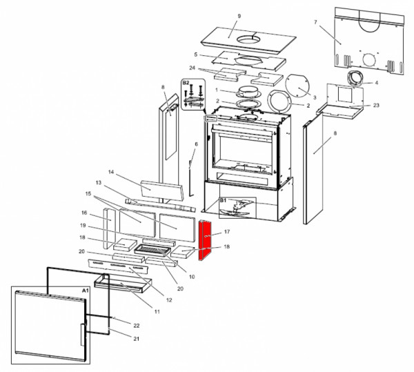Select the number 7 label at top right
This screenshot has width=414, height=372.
tap(315, 23)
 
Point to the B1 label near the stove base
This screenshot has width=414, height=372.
tap(224, 201)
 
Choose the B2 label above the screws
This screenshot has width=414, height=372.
tap(185, 83)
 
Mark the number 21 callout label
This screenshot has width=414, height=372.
tap(136, 338)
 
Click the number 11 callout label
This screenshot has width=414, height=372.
tap(157, 312)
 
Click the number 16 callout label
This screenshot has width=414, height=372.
tap(83, 213)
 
